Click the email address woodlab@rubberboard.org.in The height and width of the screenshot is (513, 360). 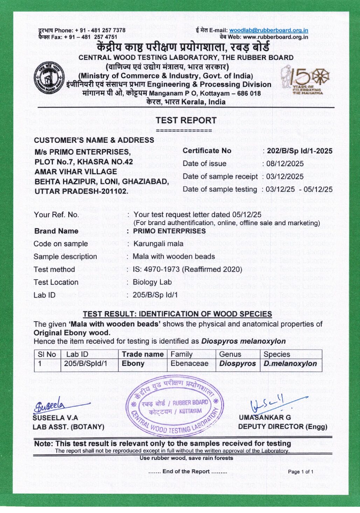pos(269,30)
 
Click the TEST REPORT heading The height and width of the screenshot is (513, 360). pos(186,120)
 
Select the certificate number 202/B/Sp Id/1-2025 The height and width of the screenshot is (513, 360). pos(299,151)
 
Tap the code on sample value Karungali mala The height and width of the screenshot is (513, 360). pos(158,244)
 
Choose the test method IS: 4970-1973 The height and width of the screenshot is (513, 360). pos(187,269)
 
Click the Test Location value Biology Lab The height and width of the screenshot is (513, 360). pos(152,282)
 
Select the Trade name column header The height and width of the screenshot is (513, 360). pos(143,354)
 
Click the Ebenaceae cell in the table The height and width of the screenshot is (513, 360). pos(189,364)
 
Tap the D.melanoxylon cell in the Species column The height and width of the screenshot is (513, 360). pos(290,364)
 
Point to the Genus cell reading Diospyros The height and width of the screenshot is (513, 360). pos(237,364)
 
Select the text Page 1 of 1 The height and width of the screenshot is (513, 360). pos(300,472)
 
